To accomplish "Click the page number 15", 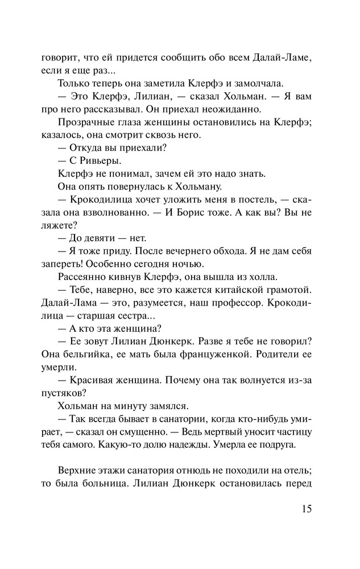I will coord(303,508).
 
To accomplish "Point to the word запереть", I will coord(55,265).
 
